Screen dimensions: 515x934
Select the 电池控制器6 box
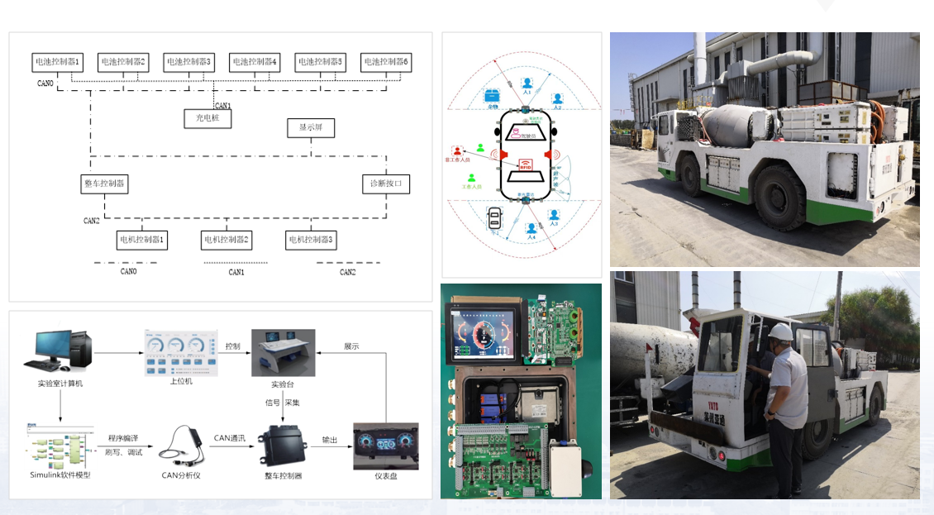(386, 62)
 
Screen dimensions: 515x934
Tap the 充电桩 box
(207, 119)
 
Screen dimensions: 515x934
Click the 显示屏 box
(311, 128)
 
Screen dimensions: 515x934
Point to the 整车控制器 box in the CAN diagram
(105, 184)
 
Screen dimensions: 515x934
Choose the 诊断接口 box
(386, 184)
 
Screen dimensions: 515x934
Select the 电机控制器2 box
(226, 240)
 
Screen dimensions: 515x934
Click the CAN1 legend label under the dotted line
(236, 272)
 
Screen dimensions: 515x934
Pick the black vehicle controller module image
(283, 446)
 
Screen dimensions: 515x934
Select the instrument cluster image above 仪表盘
(385, 447)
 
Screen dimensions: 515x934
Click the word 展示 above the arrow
(351, 346)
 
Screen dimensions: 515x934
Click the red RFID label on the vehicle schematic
(525, 165)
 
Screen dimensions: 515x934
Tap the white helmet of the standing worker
(780, 331)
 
